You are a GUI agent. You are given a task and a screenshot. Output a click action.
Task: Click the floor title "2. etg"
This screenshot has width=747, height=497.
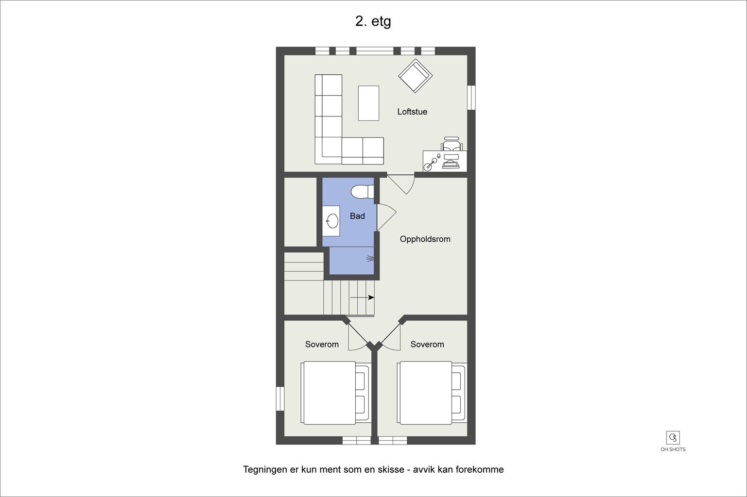click(x=373, y=21)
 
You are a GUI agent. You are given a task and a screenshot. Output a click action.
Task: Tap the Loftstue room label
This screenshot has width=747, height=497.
click(x=412, y=112)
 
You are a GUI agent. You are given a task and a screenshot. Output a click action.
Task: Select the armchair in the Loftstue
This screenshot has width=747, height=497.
click(x=415, y=76)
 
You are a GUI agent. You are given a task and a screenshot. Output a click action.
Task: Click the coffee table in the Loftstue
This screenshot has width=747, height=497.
click(x=368, y=103)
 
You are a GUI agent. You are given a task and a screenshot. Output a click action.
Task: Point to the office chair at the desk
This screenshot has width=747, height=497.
click(x=452, y=144)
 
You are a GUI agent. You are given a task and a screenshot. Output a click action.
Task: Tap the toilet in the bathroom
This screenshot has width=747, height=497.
click(x=362, y=192)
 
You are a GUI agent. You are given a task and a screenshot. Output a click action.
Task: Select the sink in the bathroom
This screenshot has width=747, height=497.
click(x=332, y=221)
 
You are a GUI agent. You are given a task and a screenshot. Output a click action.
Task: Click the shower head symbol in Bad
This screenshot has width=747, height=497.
click(x=370, y=259)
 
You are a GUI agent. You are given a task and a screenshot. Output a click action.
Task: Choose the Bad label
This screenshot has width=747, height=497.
click(x=357, y=216)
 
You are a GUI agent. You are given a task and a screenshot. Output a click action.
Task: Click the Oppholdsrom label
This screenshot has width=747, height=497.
click(x=425, y=239)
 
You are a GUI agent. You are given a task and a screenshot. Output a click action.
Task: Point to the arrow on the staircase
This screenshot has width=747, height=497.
click(x=362, y=297)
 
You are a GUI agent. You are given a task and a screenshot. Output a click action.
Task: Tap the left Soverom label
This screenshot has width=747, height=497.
click(x=322, y=344)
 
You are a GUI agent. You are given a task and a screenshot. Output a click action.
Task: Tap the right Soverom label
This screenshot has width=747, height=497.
click(x=427, y=344)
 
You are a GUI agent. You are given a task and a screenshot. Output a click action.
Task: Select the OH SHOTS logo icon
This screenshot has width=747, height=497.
click(x=673, y=438)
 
